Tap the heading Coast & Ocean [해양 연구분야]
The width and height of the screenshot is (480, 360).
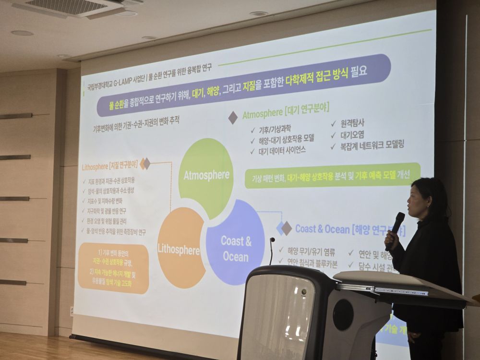coord(349,229)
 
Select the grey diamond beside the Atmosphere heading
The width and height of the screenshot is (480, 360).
coord(233,118)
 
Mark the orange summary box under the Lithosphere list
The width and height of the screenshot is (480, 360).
coord(113,268)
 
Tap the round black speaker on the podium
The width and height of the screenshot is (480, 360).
coord(343,314)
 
